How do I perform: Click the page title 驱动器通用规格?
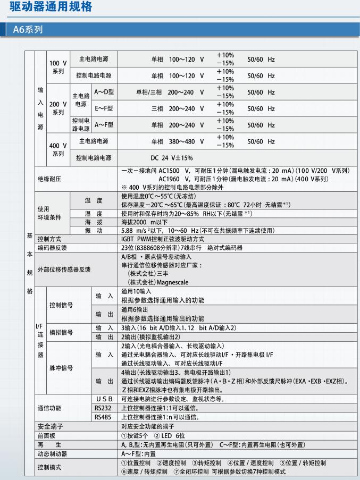tap(51, 7)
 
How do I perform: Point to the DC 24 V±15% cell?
tap(172, 158)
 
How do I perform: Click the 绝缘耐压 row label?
tap(49, 179)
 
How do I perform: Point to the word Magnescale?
tap(156, 282)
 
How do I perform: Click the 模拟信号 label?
tap(61, 332)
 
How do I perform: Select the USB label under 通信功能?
tap(104, 399)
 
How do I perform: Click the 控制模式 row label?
tap(49, 467)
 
